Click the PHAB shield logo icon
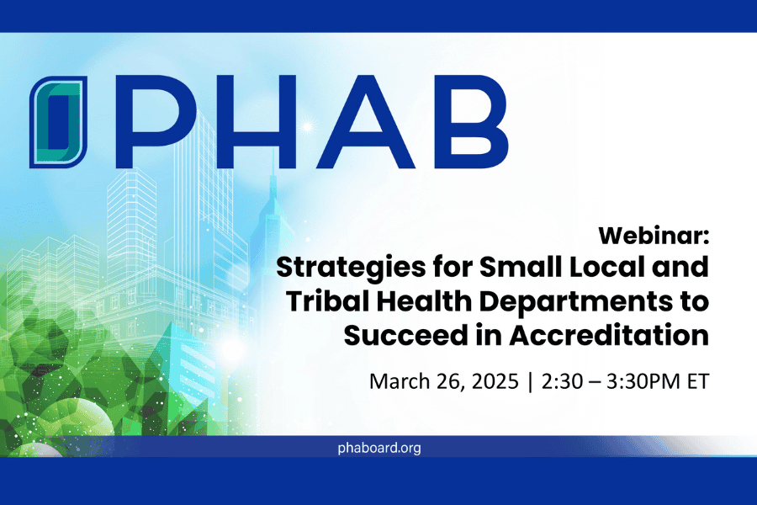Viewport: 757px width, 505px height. coord(58,122)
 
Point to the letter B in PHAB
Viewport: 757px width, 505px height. coord(469,122)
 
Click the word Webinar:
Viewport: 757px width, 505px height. coord(654,236)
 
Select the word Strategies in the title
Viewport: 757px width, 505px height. coord(351,268)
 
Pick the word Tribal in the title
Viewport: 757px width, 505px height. coord(327,301)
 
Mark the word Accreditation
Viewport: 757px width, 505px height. coord(609,335)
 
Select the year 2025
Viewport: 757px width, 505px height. coord(495,381)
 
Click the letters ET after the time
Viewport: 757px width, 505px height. coord(698,381)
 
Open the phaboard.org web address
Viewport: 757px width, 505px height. coord(379,448)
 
